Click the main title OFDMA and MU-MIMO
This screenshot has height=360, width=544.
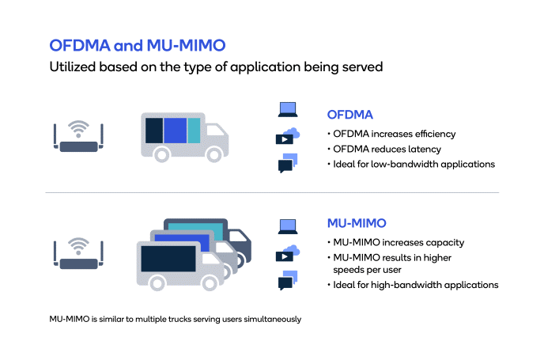tap(138, 45)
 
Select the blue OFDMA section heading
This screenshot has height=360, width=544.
tap(349, 115)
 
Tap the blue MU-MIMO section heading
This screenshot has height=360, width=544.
tap(357, 223)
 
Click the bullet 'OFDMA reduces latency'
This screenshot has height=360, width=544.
tap(387, 149)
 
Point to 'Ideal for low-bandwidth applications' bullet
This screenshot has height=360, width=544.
tap(414, 164)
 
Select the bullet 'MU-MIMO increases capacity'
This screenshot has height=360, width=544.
tap(399, 242)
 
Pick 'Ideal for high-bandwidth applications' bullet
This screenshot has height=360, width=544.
tap(416, 285)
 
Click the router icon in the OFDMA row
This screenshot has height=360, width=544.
tap(78, 136)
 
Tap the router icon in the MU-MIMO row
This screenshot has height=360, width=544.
tap(78, 253)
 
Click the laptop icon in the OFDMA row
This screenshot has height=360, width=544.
tap(288, 109)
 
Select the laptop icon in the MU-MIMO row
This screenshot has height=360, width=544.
tap(288, 227)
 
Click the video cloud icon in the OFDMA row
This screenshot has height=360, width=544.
tap(288, 136)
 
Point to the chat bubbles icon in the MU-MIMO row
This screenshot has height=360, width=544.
tap(288, 280)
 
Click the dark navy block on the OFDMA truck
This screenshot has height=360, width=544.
tap(154, 131)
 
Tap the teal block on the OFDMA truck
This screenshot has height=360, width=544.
tap(194, 131)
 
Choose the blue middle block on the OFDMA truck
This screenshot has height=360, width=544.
tap(176, 131)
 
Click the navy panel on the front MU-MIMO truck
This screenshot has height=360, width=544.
tap(168, 259)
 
